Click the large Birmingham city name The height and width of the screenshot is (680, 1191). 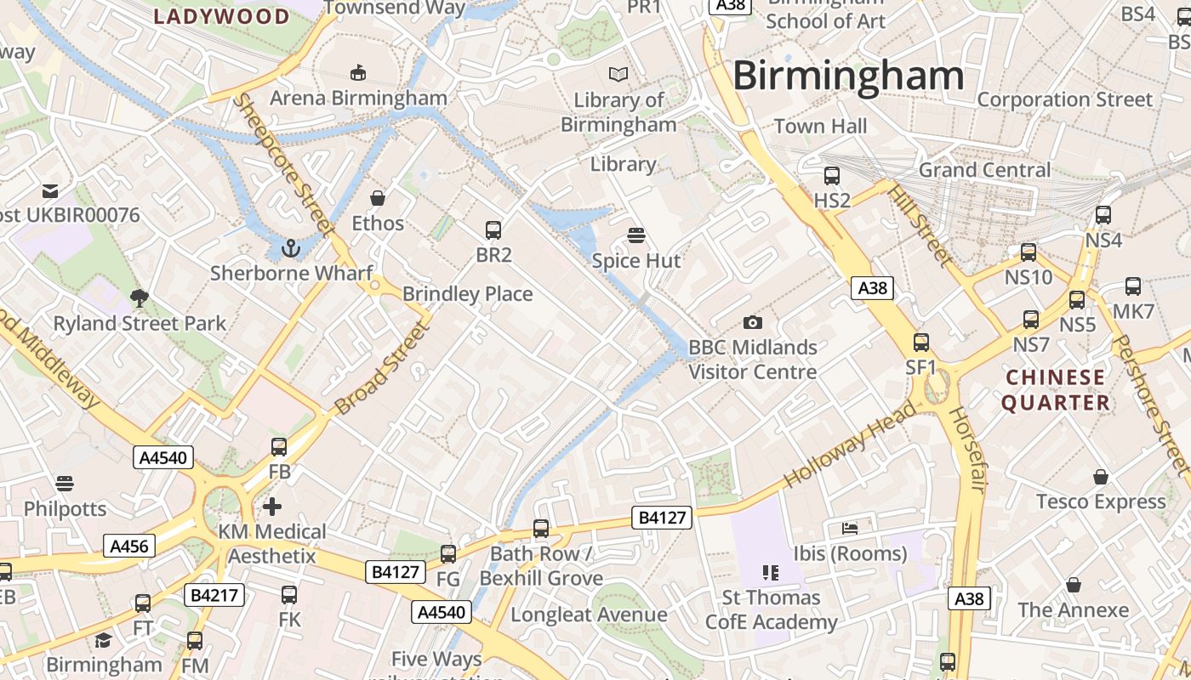coord(848,76)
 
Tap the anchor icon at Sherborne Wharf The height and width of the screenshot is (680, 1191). coord(291,248)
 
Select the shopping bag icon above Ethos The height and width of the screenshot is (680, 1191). coord(378,198)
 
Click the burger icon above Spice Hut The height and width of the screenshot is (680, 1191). coord(636,235)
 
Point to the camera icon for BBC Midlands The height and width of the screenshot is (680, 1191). coord(752,322)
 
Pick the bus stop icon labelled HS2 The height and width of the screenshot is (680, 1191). coord(832,176)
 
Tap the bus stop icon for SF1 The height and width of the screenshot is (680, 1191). coord(920,343)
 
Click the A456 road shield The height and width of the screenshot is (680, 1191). coord(129,546)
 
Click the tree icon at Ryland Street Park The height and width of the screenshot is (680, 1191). coord(140,297)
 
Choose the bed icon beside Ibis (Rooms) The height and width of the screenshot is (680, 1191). coord(849,528)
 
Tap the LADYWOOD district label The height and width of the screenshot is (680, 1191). coord(222,16)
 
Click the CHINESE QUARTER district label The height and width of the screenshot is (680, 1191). coord(1056,389)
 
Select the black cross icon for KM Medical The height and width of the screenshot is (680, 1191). coord(271,507)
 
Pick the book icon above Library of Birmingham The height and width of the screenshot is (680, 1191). coord(618,75)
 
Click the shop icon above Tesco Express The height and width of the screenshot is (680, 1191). coord(1101,477)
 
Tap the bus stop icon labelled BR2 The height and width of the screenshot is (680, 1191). coord(493,229)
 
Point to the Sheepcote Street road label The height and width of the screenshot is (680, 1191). coord(282,163)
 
